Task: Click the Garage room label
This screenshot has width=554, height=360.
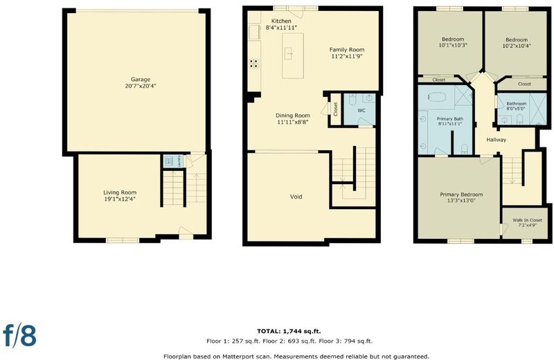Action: (141, 80)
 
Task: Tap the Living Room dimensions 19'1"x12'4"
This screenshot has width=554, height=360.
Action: (120, 199)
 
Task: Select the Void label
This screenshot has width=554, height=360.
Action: (296, 197)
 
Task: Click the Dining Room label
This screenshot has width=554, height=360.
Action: (293, 116)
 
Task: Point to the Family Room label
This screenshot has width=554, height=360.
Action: (347, 50)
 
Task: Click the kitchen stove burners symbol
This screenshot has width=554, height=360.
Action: (253, 64)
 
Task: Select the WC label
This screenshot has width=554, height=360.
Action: (361, 111)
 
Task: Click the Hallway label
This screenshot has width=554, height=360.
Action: (496, 140)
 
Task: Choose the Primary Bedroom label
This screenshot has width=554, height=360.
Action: (461, 195)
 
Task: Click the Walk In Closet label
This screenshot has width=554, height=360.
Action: (527, 220)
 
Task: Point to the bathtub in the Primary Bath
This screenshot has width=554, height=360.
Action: (437, 97)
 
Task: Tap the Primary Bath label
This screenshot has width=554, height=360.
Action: (449, 119)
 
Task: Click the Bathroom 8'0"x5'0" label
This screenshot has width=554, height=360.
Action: (517, 106)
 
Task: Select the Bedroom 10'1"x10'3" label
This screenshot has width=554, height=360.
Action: (453, 42)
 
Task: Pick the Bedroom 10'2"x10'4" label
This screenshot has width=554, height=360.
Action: (517, 43)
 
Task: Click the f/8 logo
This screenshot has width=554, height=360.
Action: (20, 335)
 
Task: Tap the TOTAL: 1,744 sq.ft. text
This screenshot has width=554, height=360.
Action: (289, 332)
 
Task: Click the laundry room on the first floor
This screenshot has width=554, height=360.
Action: (173, 161)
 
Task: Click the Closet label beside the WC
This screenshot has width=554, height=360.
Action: (336, 109)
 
